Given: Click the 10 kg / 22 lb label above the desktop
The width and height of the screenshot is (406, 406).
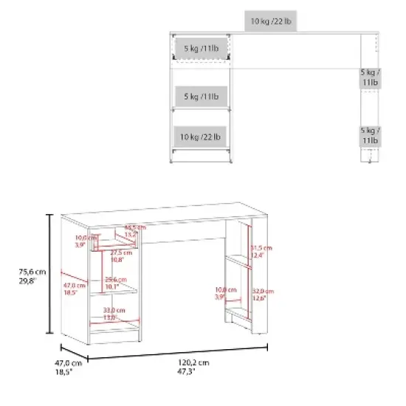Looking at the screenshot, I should [x=272, y=22].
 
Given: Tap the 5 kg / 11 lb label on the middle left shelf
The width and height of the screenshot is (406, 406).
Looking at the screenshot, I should [x=200, y=96].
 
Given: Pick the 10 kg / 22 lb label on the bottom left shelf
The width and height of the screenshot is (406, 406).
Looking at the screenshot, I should [x=200, y=137].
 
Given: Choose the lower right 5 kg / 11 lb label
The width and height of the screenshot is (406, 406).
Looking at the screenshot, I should [x=370, y=134].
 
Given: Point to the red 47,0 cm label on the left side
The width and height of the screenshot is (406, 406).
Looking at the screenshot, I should [x=72, y=289].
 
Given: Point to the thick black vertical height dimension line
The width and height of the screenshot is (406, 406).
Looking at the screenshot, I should [x=49, y=273].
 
